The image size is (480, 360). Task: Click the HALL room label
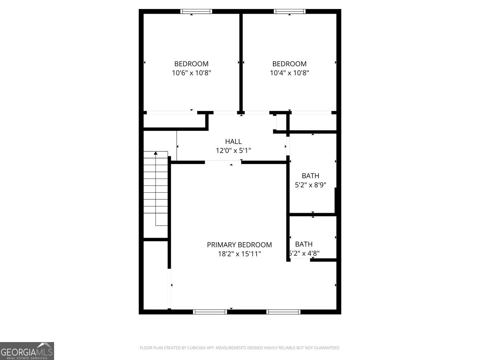(x=233, y=141)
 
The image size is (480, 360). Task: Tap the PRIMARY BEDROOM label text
(x=239, y=245)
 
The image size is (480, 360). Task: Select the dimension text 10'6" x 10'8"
(x=191, y=73)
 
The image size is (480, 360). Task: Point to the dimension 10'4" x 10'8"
(x=290, y=73)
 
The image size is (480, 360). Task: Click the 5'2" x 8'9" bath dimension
(x=310, y=185)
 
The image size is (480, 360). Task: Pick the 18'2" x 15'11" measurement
(x=239, y=254)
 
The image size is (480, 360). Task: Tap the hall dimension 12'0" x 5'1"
(x=233, y=150)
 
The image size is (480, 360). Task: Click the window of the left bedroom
(x=196, y=12)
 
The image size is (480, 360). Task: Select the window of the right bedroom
(x=290, y=12)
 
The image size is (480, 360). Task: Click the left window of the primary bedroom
(x=210, y=312)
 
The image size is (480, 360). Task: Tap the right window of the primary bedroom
(x=284, y=312)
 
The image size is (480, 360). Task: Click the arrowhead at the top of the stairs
(x=156, y=153)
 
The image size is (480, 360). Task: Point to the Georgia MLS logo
(x=27, y=351)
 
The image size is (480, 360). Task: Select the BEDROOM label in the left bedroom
(x=191, y=64)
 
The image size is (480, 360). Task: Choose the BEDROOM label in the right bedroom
(x=290, y=64)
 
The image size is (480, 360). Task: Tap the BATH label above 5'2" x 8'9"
(x=310, y=176)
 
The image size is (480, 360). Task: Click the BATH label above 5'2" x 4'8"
(x=304, y=244)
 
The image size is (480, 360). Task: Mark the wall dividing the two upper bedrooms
(x=241, y=62)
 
